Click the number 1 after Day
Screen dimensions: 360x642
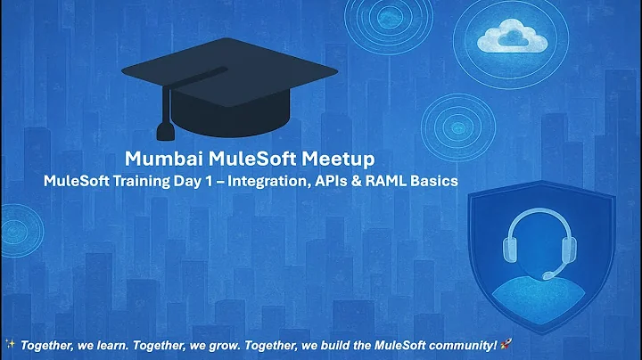pos(218,181)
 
